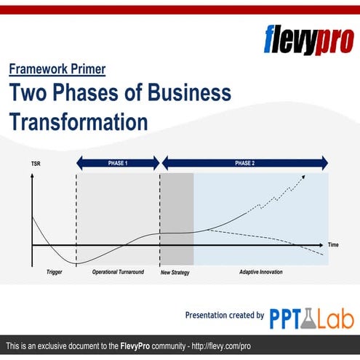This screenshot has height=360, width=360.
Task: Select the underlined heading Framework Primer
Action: tap(57, 70)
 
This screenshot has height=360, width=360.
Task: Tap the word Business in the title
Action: tap(189, 92)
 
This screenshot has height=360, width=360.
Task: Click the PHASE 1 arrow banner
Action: tap(117, 163)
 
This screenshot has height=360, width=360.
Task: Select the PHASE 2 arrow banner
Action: tap(244, 163)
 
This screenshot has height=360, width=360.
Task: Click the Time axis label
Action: tap(332, 244)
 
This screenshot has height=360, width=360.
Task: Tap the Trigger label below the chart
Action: tap(54, 272)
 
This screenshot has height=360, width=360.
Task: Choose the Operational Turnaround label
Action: tap(118, 272)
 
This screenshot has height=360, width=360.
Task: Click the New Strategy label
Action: tap(175, 272)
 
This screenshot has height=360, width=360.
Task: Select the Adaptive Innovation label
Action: tap(261, 272)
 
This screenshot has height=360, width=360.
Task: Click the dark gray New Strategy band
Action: tap(177, 218)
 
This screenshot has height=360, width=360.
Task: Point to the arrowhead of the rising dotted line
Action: tap(304, 176)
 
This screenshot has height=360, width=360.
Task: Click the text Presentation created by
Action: tap(225, 316)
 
